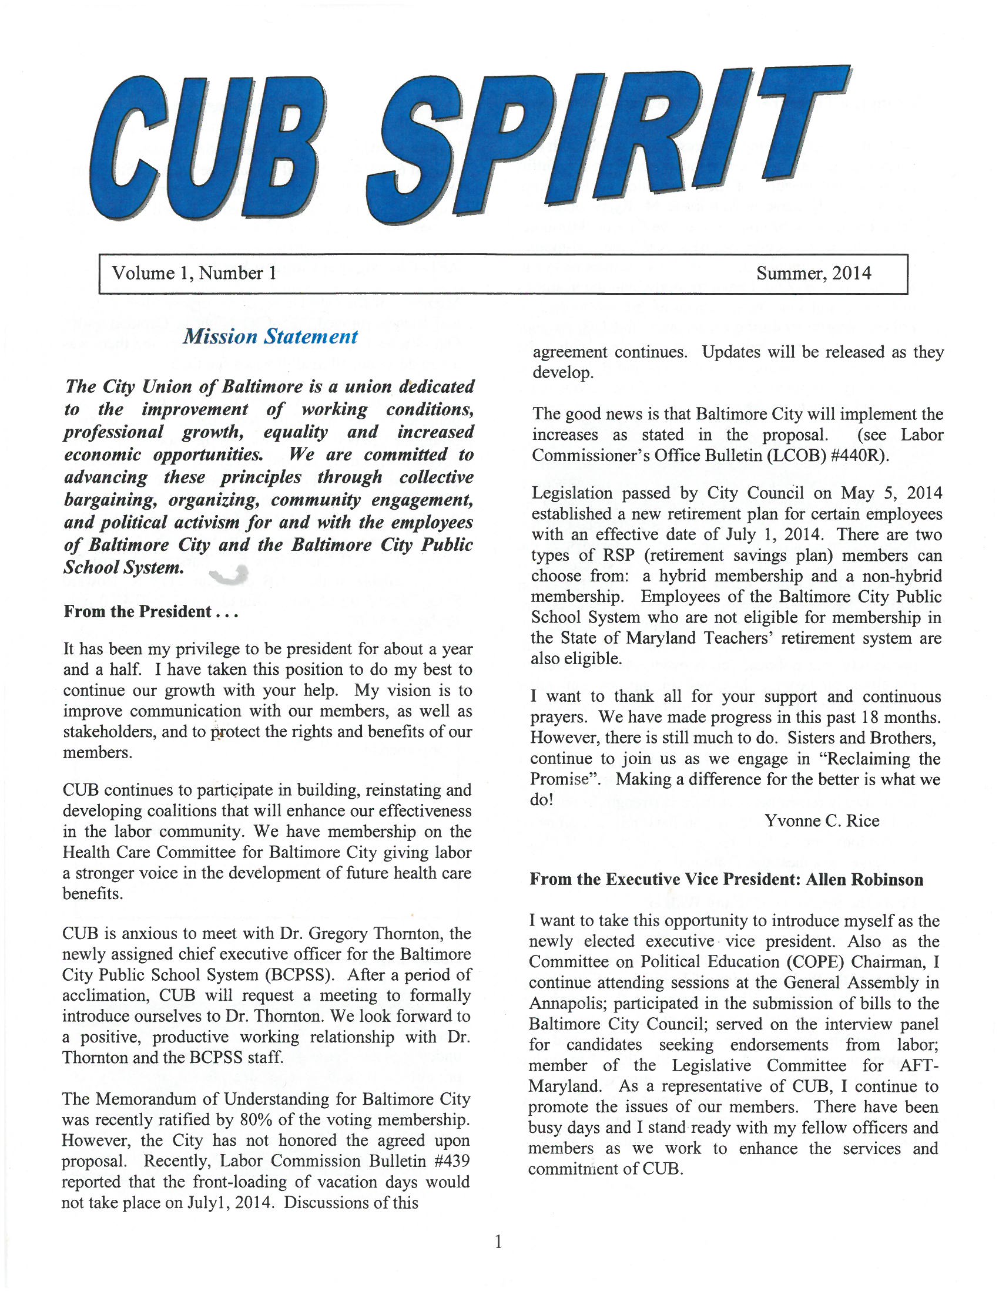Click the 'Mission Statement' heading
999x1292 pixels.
pos(270,337)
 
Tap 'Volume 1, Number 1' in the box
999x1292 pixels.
pos(193,273)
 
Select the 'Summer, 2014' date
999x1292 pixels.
pos(813,273)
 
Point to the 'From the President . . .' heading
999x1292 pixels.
pos(150,611)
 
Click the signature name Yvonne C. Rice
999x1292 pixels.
pos(822,820)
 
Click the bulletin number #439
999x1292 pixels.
pos(451,1160)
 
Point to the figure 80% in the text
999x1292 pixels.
pos(259,1119)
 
